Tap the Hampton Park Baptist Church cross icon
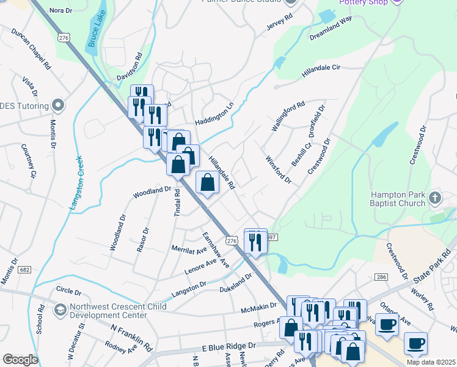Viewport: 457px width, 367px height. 434,198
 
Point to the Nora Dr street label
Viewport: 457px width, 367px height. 60,10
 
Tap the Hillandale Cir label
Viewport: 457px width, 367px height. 321,74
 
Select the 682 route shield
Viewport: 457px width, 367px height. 24,269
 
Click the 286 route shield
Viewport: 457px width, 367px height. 382,277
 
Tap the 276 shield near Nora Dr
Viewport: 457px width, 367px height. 64,38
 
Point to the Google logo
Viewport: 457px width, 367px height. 20,359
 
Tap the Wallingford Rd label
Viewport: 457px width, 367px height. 288,116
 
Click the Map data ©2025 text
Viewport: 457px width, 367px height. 430,362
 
